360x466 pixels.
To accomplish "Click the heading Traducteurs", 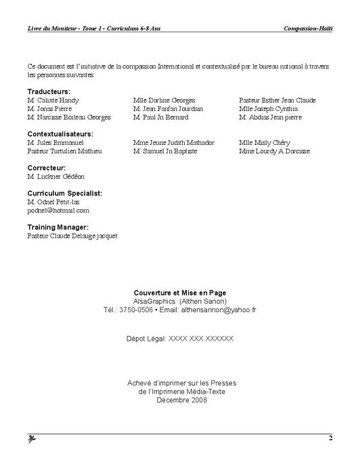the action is click(x=49, y=91).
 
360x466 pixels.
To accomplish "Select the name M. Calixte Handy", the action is click(x=54, y=100).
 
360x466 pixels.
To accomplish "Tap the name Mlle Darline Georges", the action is click(x=164, y=100).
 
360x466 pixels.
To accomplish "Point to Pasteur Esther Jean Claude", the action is click(x=277, y=100).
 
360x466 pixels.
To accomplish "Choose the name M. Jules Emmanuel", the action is click(x=55, y=143).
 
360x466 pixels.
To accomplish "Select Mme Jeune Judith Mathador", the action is click(x=174, y=143).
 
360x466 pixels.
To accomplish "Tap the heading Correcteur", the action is click(x=47, y=167).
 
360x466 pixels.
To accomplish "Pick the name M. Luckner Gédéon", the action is click(x=55, y=176).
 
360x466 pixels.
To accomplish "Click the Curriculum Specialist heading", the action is click(x=65, y=193).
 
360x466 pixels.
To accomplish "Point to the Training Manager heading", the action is click(x=58, y=228).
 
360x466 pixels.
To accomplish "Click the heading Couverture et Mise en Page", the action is click(x=179, y=293).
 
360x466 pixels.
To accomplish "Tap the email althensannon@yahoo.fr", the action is click(x=219, y=310).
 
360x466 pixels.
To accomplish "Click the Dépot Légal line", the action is click(x=179, y=337).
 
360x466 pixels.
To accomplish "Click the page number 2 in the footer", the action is click(x=331, y=438).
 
